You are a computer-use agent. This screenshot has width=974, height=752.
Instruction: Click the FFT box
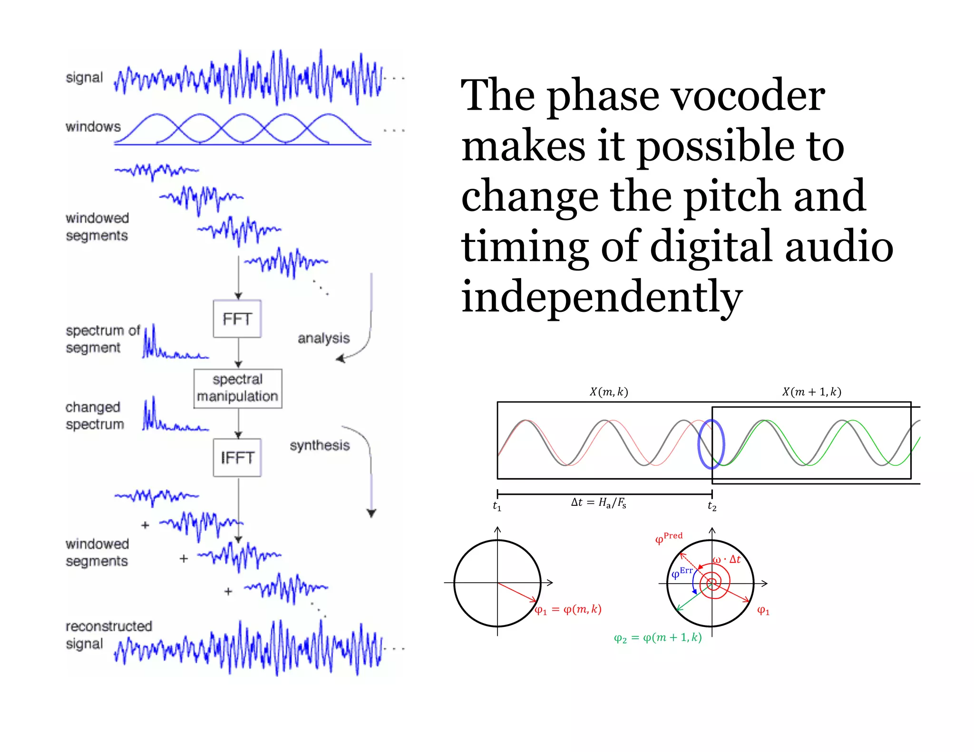click(x=237, y=319)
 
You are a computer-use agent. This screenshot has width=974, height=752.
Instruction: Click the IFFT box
click(x=237, y=458)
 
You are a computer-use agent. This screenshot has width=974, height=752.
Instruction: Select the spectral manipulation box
click(x=237, y=388)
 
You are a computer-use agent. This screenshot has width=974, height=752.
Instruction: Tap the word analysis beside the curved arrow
click(x=323, y=338)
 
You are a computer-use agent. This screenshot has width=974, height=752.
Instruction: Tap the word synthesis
click(x=320, y=445)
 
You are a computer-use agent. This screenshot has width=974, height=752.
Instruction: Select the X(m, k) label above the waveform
click(x=609, y=392)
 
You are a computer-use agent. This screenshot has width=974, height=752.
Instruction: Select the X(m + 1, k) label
click(x=811, y=392)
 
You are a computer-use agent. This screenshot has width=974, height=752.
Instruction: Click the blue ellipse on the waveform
click(x=711, y=444)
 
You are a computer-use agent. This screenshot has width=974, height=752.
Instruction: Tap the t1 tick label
click(x=497, y=506)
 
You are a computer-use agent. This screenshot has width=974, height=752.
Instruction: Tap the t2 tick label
click(x=711, y=506)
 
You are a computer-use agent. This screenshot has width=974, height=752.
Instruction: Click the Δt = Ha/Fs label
click(x=598, y=502)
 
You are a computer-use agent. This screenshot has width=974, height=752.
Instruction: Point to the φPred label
click(x=668, y=538)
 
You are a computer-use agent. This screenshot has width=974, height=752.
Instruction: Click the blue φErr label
click(x=682, y=573)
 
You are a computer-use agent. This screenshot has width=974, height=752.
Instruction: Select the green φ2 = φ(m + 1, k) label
click(x=658, y=637)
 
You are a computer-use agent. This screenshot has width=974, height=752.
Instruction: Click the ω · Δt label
click(x=727, y=559)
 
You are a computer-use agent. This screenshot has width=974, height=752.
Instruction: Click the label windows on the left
click(x=93, y=126)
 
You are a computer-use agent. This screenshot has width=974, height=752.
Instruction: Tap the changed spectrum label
click(x=94, y=415)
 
